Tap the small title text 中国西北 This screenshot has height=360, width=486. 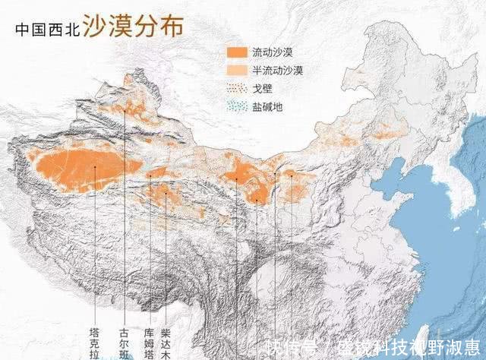tap(47, 31)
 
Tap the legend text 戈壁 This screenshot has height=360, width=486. tap(263, 88)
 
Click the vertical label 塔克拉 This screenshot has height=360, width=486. tap(94, 344)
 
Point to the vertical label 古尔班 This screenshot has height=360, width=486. tap(124, 344)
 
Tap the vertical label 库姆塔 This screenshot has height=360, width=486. tap(150, 344)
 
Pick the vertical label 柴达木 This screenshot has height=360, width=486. tap(166, 344)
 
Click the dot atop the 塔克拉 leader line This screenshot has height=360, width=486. tap(94, 168)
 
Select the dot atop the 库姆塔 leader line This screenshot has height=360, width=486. tap(150, 176)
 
